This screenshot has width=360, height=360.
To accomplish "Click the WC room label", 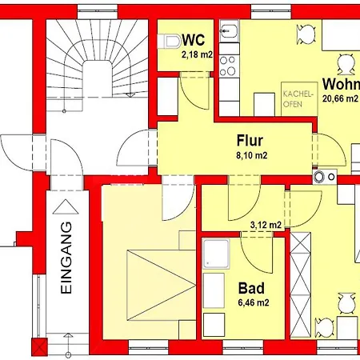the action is [x=194, y=40].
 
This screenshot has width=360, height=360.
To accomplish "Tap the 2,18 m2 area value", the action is [x=197, y=54].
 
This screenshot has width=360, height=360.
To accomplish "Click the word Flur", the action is [x=250, y=140].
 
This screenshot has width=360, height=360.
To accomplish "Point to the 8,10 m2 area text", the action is [x=252, y=155].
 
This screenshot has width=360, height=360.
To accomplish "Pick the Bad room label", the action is [x=251, y=288].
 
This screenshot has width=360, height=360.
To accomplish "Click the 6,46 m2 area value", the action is [x=254, y=302].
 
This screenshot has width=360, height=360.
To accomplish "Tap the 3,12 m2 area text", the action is [x=266, y=225].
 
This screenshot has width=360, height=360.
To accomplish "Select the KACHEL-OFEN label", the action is [x=297, y=99].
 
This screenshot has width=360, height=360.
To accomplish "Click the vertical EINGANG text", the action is [x=66, y=258].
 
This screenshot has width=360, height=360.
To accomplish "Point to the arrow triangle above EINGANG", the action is [x=66, y=206].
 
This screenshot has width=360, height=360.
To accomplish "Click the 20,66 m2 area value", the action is [x=340, y=98].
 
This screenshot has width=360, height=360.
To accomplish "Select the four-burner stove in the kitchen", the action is [x=227, y=66].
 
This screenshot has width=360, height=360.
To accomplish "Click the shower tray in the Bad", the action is [x=216, y=254].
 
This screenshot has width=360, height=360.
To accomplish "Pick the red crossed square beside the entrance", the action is [x=39, y=346].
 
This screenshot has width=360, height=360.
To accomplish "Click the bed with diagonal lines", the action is [x=162, y=285].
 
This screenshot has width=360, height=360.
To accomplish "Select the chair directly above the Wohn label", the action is [x=346, y=65].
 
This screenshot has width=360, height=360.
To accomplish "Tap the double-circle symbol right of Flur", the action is [x=319, y=177].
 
